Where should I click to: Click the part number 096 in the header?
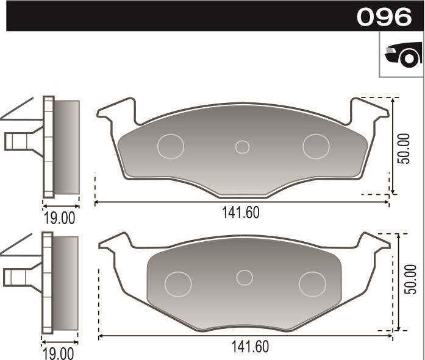pyautogui.click(x=384, y=16)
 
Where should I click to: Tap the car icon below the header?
pyautogui.click(x=403, y=55)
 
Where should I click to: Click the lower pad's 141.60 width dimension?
pyautogui.click(x=250, y=346)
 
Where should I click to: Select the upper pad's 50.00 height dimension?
pyautogui.click(x=403, y=147)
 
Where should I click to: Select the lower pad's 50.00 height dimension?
pyautogui.click(x=410, y=281)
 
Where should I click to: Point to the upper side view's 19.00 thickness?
pyautogui.click(x=59, y=217)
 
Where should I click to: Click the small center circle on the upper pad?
pyautogui.click(x=243, y=147)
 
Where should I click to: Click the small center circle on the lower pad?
pyautogui.click(x=245, y=277)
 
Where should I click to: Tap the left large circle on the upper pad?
pyautogui.click(x=171, y=146)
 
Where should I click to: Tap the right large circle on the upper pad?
pyautogui.click(x=316, y=146)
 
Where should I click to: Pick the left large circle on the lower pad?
pyautogui.click(x=179, y=283)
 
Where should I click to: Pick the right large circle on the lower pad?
pyautogui.click(x=312, y=283)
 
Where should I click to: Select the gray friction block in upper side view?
pyautogui.click(x=67, y=147)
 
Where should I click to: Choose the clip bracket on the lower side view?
pyautogui.click(x=18, y=277)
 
